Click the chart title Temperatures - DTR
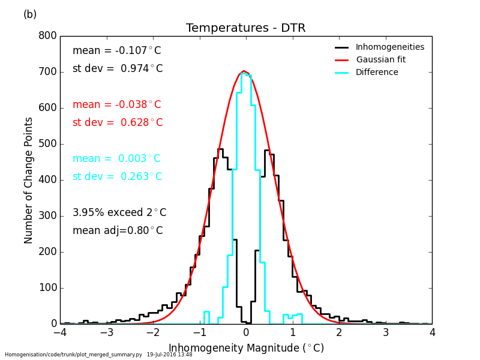(245, 28)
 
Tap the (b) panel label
(30, 14)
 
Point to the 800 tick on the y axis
(49, 36)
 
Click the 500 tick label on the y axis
(49, 144)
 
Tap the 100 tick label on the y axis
(49, 288)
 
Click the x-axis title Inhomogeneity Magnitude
(246, 348)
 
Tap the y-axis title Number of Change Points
(29, 180)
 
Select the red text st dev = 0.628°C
(118, 123)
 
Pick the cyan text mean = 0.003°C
(117, 159)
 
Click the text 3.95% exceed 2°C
(119, 213)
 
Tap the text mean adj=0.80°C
(118, 231)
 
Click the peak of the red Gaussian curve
(244, 71)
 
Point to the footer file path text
(98, 355)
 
